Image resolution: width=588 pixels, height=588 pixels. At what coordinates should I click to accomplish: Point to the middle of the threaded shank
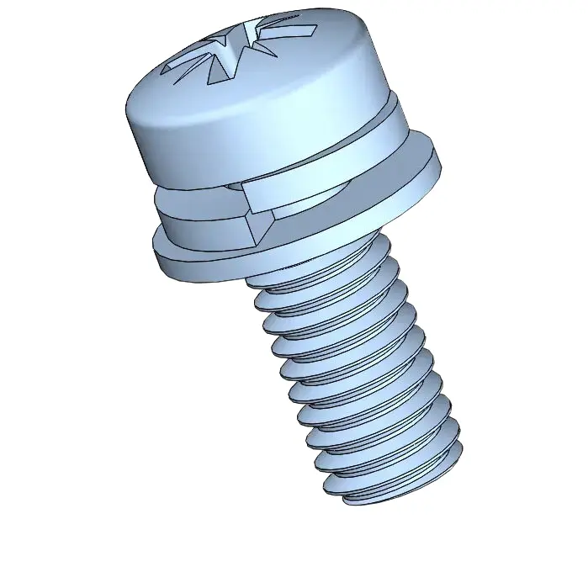[353, 370]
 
